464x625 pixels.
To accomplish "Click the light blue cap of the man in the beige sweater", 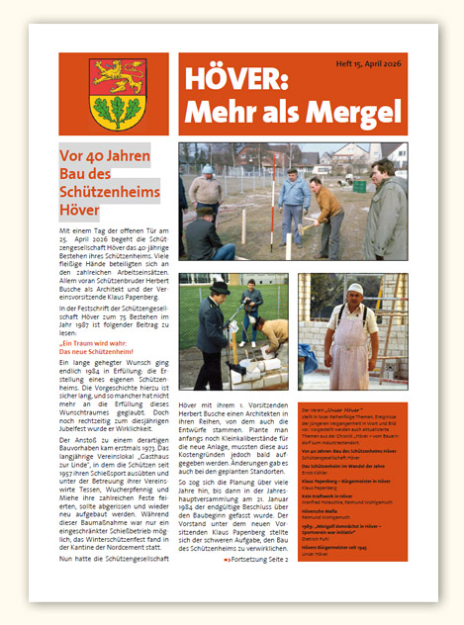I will [x=208, y=170].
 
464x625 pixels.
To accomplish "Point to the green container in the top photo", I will [x=359, y=185].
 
